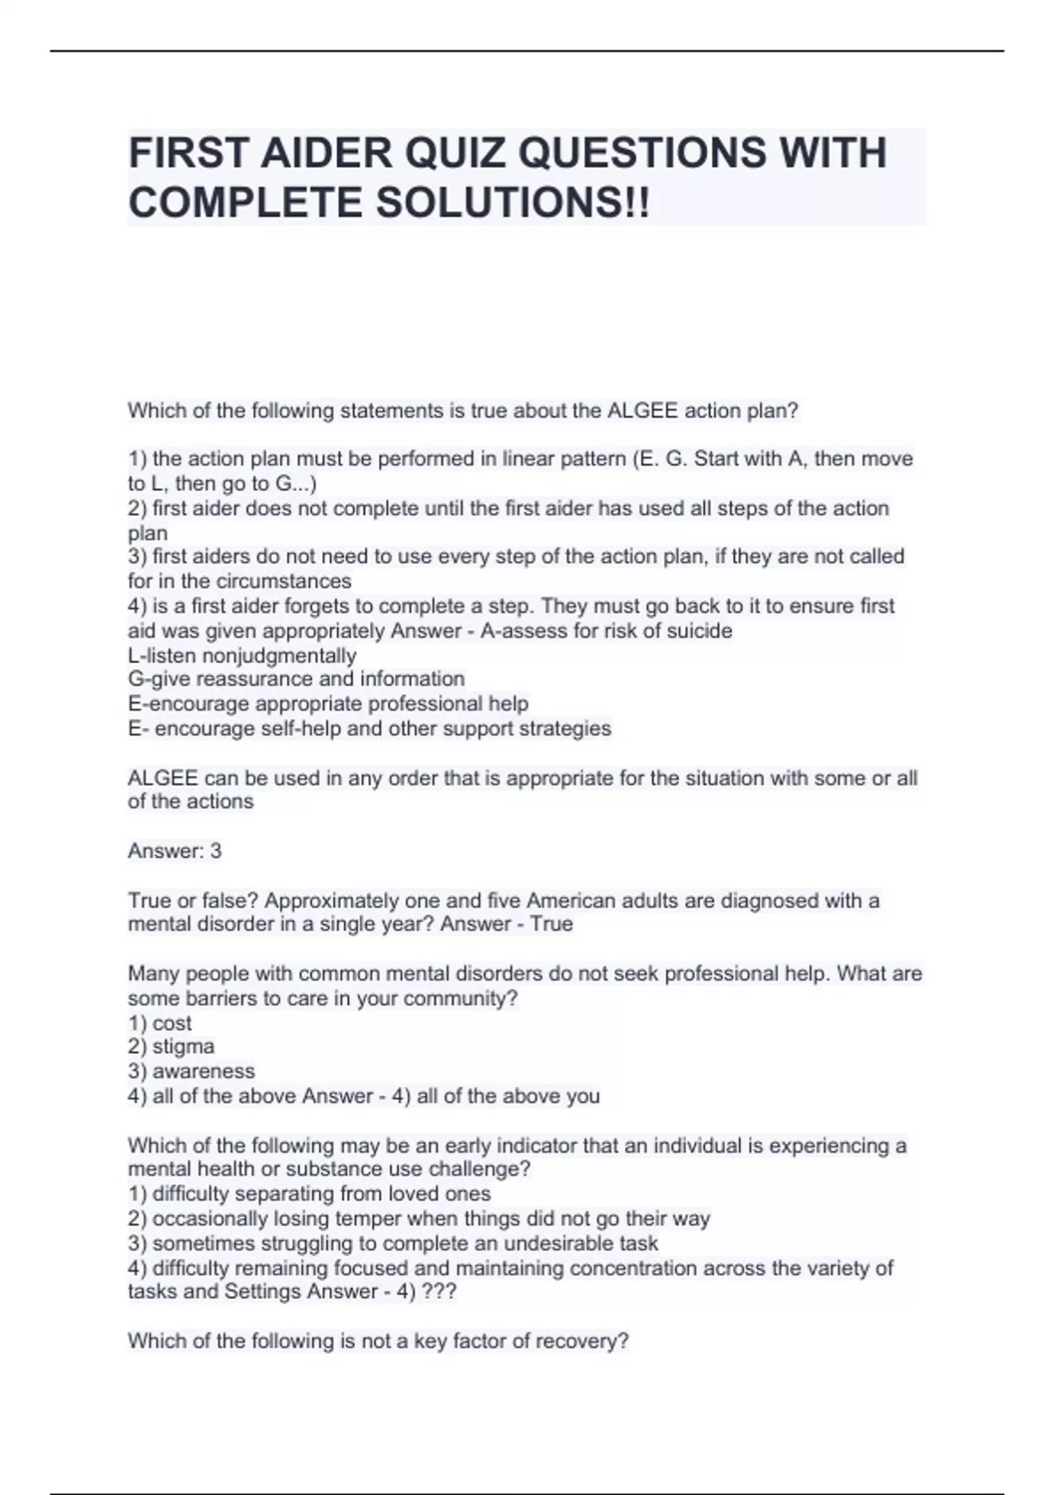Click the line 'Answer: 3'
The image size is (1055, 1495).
point(175,850)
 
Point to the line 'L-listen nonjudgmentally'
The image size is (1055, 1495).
point(242,655)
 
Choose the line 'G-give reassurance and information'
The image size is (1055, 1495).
point(296,679)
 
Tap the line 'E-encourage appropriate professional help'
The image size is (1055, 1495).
point(328,704)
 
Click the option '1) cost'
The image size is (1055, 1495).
point(159,1023)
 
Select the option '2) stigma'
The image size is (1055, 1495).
point(171,1046)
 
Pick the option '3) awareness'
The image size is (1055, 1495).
point(191,1071)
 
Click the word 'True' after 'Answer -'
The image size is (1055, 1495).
point(551,924)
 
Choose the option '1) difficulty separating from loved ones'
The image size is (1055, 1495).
point(309,1193)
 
